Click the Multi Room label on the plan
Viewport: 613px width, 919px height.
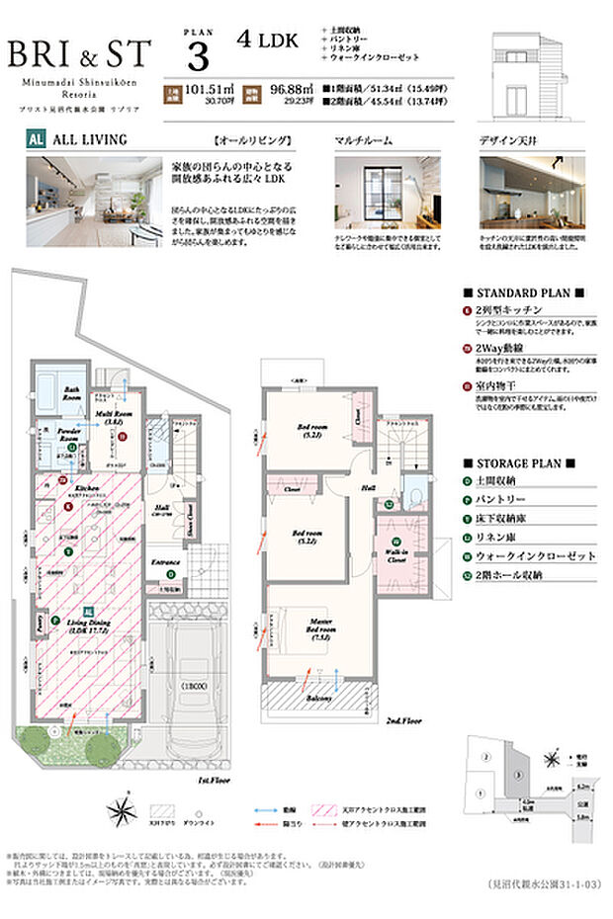(x=109, y=417)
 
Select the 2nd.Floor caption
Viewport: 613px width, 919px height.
(x=405, y=721)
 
